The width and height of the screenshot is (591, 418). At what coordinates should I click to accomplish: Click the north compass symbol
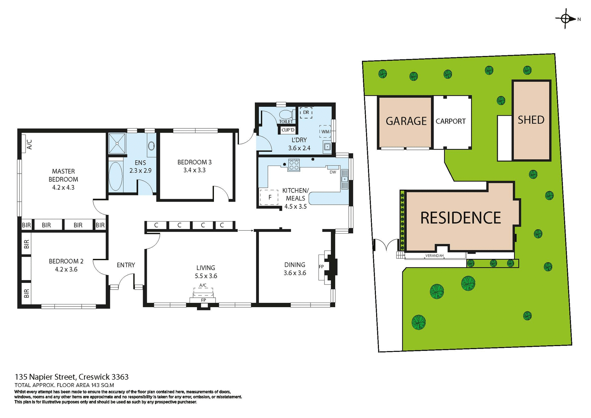(566, 19)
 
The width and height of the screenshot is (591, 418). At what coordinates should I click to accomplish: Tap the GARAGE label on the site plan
(406, 121)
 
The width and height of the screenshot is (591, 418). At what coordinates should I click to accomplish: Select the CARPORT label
(451, 121)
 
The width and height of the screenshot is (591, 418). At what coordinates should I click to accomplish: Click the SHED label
(531, 120)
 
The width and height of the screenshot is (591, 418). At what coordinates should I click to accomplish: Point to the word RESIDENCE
(460, 218)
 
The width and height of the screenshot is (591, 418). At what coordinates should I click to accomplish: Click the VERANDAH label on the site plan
(434, 255)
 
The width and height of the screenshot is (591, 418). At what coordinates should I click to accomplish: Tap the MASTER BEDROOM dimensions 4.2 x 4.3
(63, 187)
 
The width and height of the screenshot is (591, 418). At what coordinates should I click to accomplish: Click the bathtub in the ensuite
(115, 176)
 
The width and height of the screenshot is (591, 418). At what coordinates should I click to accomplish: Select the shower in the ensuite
(117, 143)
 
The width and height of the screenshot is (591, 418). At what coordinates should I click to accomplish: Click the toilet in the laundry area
(286, 115)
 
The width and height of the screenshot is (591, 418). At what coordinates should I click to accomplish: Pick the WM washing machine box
(325, 131)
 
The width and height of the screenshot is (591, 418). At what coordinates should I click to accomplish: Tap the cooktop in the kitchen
(294, 165)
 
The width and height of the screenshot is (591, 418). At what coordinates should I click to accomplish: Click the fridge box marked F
(270, 197)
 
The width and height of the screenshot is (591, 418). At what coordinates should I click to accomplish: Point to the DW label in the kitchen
(333, 172)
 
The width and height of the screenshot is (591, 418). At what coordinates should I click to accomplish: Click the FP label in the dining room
(321, 267)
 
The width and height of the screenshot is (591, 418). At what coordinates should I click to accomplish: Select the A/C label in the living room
(203, 285)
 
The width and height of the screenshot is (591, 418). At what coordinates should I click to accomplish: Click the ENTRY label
(126, 265)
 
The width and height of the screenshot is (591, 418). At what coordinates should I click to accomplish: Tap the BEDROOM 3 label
(194, 162)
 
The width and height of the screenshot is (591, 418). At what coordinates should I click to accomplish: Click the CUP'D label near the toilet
(288, 130)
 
